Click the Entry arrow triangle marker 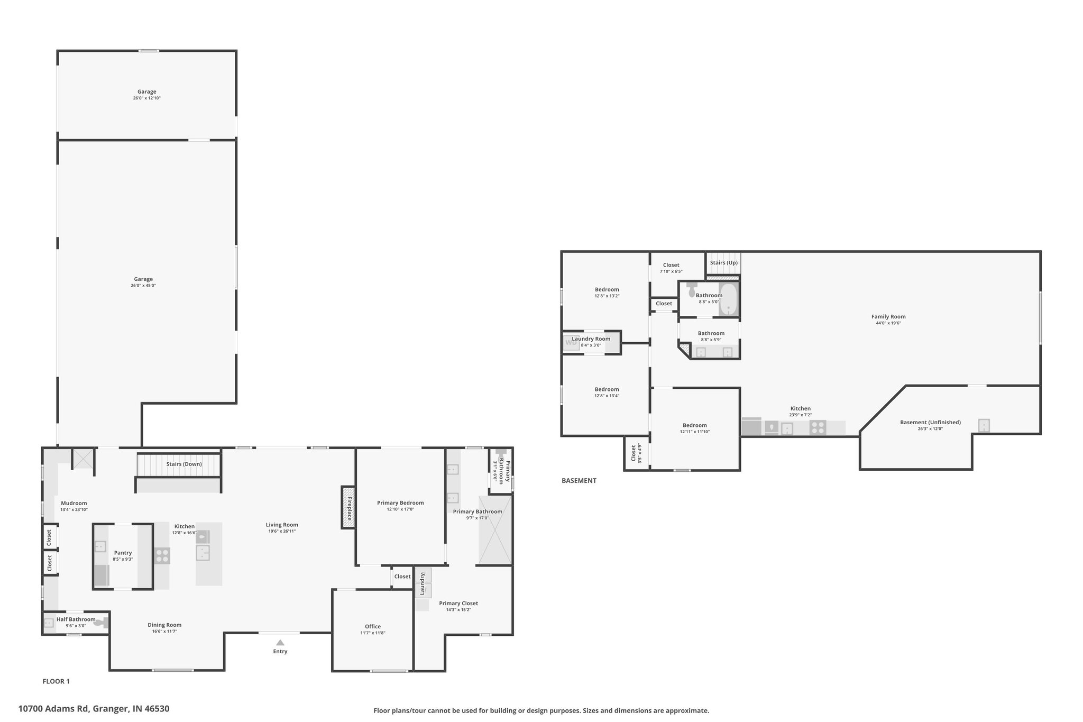coord(280,642)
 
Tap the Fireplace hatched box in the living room coord(348,507)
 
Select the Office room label coord(373,626)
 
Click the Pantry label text coord(123,553)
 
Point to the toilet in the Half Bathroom coord(101,623)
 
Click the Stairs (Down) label coord(184,464)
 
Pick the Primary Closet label coord(458,603)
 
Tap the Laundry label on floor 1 coord(423,584)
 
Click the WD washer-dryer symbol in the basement coord(571,343)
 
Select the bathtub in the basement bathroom coord(728,299)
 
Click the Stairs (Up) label coord(724,262)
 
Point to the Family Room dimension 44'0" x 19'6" coord(888,323)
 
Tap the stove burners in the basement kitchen coord(818,427)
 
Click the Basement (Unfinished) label coord(931,422)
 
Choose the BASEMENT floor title coord(579,481)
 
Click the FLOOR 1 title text coord(56,681)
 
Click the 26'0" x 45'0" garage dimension coord(143,286)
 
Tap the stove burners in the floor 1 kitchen coord(162,556)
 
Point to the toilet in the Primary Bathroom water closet coord(500,454)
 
